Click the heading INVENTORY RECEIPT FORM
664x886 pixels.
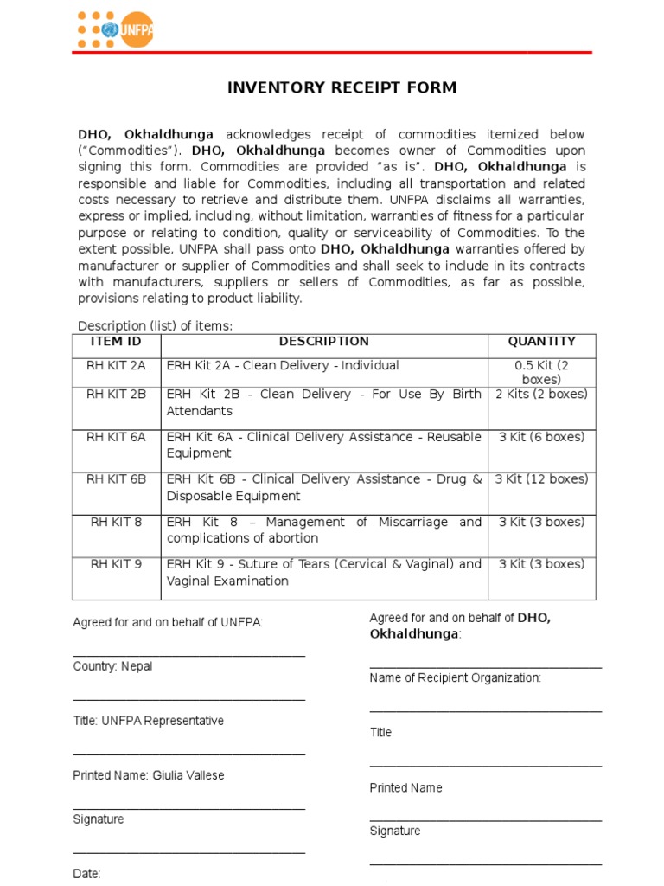pos(342,87)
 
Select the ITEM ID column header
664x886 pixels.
pos(116,342)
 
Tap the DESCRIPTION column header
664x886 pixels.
pos(324,342)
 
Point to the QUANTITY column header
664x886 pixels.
pos(541,342)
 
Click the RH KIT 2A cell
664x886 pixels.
pos(116,366)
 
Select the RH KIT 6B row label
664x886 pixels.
pos(116,479)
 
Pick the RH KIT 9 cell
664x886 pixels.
pos(116,564)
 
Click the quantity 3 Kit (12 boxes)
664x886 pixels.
pos(541,479)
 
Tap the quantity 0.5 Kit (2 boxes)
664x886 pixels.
pos(541,372)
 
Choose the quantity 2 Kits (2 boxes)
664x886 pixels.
pos(541,395)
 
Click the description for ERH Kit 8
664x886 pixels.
pos(324,530)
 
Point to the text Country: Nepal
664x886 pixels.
pos(112,666)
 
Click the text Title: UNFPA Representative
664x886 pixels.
pos(148,721)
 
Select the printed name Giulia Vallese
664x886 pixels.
pos(148,775)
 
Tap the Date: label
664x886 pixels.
pos(86,874)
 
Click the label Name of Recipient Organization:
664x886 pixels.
pos(455,677)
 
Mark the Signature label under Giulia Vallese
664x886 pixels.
pos(98,819)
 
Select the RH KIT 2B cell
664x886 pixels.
pos(116,395)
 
